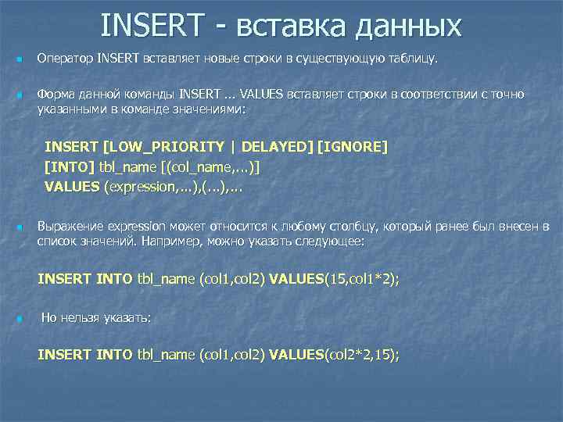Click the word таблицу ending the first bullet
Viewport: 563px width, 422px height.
point(415,59)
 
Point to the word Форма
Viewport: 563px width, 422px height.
point(53,95)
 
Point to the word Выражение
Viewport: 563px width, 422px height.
point(69,227)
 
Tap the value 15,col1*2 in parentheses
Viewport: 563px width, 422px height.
point(359,278)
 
